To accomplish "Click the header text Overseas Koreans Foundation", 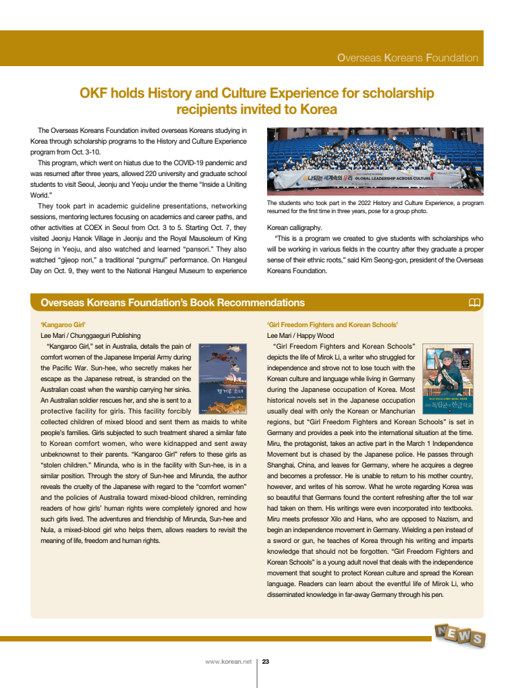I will coord(407,58).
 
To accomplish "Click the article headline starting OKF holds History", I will coord(256,100).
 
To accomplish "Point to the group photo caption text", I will coord(375,206).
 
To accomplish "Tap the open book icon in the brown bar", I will coord(474,302).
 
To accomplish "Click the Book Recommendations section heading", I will coord(173,303).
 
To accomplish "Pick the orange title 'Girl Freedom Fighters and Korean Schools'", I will coord(333,324).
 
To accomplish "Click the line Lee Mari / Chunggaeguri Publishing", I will coord(90,335).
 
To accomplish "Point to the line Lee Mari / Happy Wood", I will coord(300,335).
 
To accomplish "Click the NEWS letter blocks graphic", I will coord(459,635).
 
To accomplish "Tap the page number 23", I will coord(266,662).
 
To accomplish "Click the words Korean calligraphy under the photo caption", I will coord(294,227).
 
